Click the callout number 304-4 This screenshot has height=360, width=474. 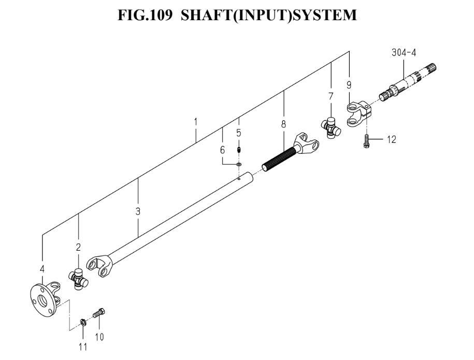coord(404,53)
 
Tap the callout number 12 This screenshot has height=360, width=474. coord(391,139)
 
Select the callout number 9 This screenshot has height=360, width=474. coord(349,85)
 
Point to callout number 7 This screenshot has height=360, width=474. coord(331,96)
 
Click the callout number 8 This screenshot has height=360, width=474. coord(283,124)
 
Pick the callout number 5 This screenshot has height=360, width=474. coord(239,133)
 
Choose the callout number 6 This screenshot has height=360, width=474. coord(222,150)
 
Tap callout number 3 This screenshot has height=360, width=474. coord(138,211)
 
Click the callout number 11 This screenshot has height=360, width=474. coord(83,347)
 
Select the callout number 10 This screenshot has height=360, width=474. coord(99,337)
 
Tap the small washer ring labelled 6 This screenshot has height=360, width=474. coord(239,165)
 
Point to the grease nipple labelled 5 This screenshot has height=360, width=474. coord(239,150)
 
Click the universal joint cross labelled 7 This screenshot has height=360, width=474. coord(331,128)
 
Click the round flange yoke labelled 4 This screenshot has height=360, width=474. coord(46,299)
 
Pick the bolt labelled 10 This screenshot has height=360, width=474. coord(99,313)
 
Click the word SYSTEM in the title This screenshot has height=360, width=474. coord(325,15)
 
